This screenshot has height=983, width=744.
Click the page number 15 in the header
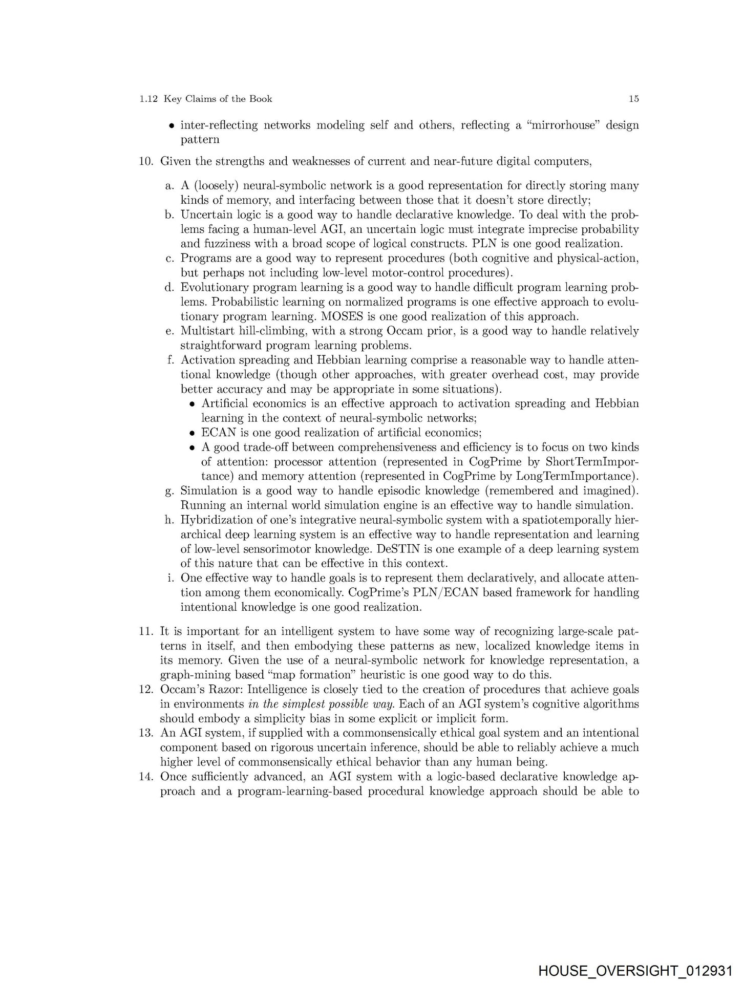[633, 99]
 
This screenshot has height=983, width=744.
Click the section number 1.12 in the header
[148, 99]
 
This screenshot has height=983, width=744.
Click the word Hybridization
[215, 520]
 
